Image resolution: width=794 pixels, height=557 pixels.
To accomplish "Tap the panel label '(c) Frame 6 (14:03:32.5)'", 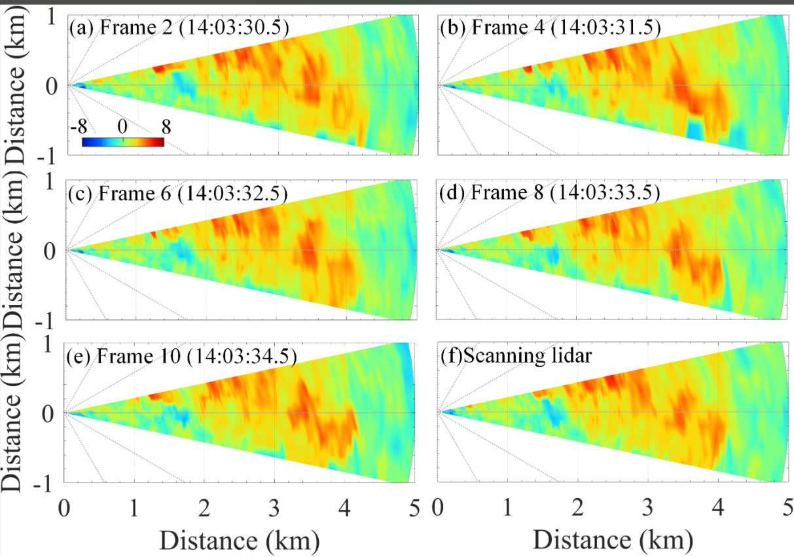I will click(x=178, y=194).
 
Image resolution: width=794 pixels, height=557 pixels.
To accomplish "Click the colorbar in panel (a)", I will click(x=122, y=141).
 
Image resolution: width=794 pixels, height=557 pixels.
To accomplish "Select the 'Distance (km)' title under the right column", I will click(x=613, y=540).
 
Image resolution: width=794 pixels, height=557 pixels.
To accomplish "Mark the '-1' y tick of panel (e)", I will click(x=46, y=485).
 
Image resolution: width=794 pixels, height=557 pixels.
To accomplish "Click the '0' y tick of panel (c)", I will click(x=50, y=251).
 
